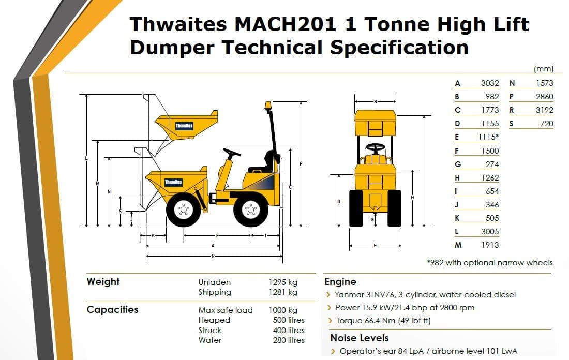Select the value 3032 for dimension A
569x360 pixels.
point(489,83)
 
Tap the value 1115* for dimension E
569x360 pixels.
point(488,137)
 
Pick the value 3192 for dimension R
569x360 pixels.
point(544,110)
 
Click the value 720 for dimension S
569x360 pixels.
point(546,123)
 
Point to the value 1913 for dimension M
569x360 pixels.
point(489,245)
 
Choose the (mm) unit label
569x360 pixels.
point(543,69)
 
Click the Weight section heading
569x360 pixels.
point(103,281)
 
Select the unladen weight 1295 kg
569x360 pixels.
point(283,282)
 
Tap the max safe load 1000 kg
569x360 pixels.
point(283,310)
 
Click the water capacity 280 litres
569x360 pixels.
point(289,340)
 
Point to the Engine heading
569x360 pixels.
point(340,281)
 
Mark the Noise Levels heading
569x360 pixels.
point(359,338)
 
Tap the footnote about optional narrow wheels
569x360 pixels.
point(489,262)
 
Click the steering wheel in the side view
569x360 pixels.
point(231,153)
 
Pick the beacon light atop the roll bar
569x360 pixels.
point(267,106)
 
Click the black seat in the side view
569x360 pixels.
point(265,162)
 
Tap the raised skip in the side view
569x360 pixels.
point(185,125)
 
